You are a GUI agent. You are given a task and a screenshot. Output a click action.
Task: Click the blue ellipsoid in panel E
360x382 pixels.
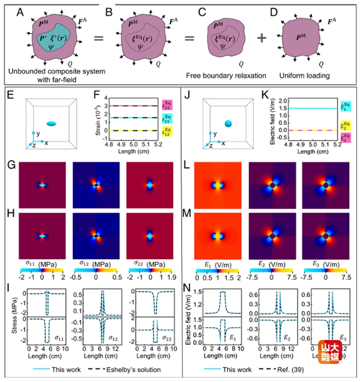(x=52, y=124)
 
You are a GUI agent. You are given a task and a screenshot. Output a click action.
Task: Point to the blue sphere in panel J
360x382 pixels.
(x=228, y=124)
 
